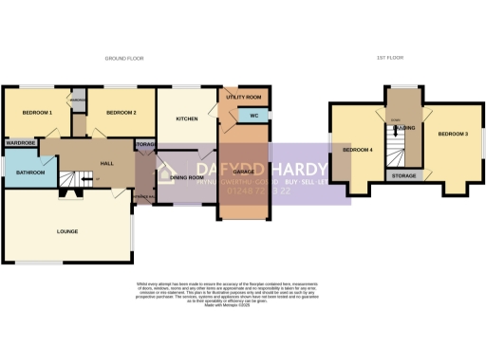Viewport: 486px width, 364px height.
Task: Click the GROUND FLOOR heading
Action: tap(123, 59)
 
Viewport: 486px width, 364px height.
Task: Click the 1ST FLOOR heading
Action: tap(390, 59)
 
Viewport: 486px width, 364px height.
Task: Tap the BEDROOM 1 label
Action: tap(38, 113)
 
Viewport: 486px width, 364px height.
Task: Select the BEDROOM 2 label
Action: tap(121, 113)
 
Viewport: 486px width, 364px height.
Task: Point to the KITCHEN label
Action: tap(186, 118)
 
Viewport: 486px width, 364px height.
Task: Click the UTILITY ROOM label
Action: tap(244, 98)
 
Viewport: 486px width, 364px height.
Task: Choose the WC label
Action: tap(253, 116)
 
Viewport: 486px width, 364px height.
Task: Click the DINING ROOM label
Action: tap(187, 177)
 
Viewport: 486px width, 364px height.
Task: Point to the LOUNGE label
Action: tap(66, 230)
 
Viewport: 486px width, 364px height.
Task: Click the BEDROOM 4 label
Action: tap(358, 150)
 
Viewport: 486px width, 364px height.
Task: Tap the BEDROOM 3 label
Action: tap(453, 135)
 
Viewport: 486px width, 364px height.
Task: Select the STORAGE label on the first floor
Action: tap(403, 175)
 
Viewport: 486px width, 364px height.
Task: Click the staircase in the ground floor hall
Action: tap(68, 179)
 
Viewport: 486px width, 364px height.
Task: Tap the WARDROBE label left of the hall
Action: tap(19, 142)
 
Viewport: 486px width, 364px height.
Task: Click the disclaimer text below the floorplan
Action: tap(243, 294)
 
